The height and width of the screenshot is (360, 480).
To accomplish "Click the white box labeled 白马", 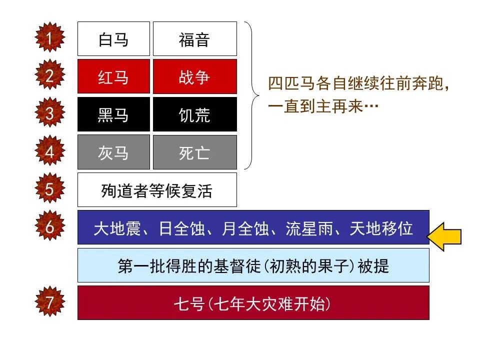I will click(x=113, y=39).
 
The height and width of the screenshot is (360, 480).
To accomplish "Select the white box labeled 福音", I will click(x=194, y=39).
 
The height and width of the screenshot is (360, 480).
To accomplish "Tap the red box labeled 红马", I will click(x=113, y=77).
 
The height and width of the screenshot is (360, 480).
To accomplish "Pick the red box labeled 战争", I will click(x=194, y=77).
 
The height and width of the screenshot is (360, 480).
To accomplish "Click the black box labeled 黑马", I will click(x=113, y=114).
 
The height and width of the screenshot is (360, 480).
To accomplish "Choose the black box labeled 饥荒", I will click(x=194, y=114).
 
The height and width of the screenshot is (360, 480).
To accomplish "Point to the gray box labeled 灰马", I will click(x=113, y=152).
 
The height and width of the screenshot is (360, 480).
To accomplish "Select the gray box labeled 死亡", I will click(x=194, y=152).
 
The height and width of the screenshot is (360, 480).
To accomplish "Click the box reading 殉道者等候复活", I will click(x=157, y=190).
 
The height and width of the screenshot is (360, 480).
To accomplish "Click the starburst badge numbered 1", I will click(x=49, y=38).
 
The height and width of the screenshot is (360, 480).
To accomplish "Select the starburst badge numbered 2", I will click(x=49, y=76).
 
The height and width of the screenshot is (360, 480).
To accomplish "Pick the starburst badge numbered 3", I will click(x=49, y=113).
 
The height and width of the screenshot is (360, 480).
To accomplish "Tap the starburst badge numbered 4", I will click(x=49, y=151).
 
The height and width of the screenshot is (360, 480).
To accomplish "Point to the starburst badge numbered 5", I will click(x=49, y=189).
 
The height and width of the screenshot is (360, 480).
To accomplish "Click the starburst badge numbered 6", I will click(x=49, y=227).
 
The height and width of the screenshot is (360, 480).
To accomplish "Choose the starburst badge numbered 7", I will click(x=49, y=302).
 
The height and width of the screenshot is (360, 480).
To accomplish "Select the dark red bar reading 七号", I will click(x=253, y=303).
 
